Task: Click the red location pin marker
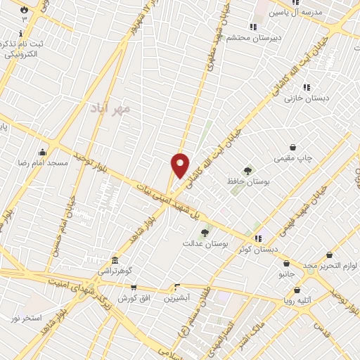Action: [181, 166]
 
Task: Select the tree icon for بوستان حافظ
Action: [247, 170]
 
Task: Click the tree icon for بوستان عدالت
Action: [205, 232]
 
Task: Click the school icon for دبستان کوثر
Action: [258, 238]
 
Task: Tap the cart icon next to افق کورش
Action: [133, 287]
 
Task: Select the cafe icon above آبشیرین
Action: [177, 287]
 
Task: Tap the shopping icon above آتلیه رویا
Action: [297, 289]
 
